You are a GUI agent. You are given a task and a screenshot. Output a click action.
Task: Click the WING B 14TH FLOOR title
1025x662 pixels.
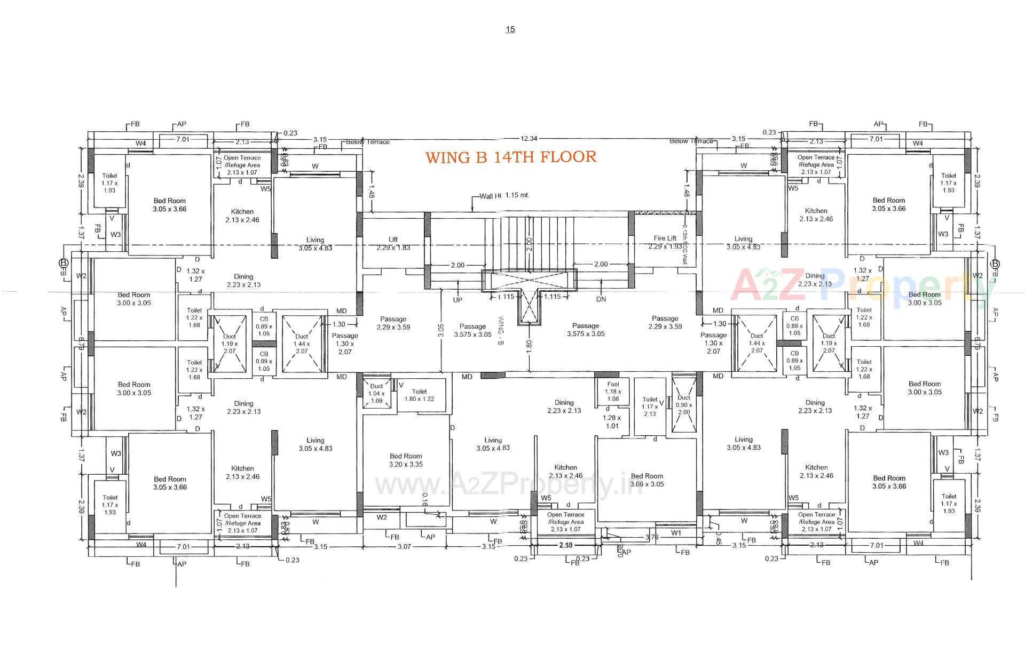[x=510, y=157]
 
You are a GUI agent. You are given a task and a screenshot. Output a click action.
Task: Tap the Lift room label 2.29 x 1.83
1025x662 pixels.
[x=393, y=244]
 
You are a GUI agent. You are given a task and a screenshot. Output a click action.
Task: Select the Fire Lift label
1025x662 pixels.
[x=665, y=238]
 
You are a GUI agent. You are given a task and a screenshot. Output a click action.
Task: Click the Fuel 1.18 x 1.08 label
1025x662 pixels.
[x=612, y=391]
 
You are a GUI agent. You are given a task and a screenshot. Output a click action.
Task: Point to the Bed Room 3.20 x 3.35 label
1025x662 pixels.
[x=406, y=460]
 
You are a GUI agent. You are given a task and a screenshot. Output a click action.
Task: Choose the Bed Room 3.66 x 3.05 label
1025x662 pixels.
[x=646, y=480]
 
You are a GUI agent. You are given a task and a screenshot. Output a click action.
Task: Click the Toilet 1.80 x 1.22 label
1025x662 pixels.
[x=419, y=395]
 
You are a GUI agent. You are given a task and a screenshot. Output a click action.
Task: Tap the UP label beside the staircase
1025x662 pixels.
[x=458, y=300]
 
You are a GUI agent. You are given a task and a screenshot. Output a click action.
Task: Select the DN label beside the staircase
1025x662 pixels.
[x=601, y=299]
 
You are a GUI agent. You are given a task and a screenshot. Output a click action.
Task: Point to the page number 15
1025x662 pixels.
[x=510, y=29]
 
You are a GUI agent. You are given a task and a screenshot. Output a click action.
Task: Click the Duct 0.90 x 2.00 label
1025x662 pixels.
[x=683, y=405]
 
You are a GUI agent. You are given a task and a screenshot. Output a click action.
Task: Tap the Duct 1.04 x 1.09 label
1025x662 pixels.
[x=376, y=393]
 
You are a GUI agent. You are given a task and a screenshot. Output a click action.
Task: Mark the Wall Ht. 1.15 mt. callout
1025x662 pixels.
[x=504, y=195]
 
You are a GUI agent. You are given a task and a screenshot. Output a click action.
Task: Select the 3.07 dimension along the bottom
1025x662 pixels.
[x=405, y=546]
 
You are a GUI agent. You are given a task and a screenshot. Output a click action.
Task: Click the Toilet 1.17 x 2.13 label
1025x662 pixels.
[x=650, y=406]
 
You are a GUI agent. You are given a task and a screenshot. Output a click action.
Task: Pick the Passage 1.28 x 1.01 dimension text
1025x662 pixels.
[x=612, y=421]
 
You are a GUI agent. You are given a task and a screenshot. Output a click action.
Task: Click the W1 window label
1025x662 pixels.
[x=676, y=532]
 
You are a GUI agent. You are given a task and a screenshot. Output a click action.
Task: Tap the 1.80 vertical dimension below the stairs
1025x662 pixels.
[x=529, y=345]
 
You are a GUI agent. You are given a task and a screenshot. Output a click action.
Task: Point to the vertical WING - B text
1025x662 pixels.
[x=500, y=330]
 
